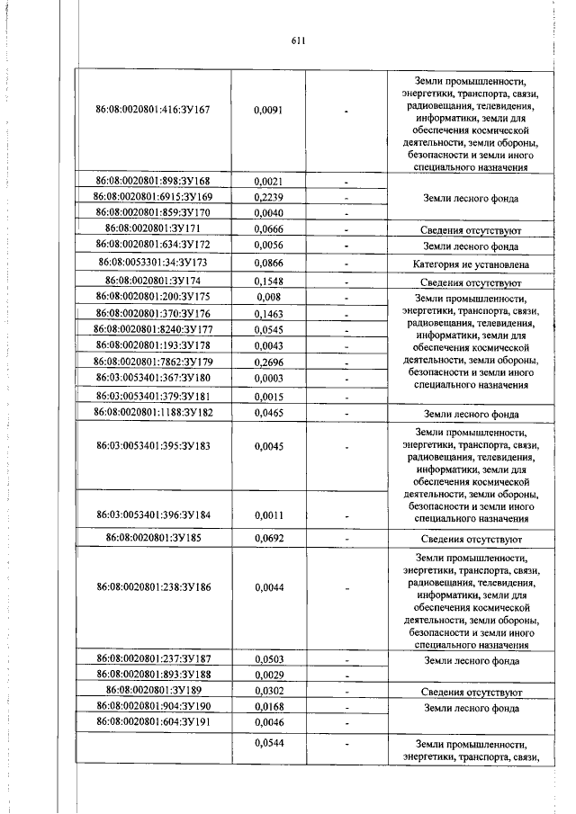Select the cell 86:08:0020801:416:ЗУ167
(152, 109)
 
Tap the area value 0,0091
(269, 109)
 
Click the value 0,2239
(269, 197)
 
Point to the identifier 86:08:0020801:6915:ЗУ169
(152, 197)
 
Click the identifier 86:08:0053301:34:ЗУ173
(152, 263)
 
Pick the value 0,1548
(269, 282)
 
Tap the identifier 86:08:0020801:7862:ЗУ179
(152, 362)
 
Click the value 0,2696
(269, 362)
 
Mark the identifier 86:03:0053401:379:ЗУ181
(152, 395)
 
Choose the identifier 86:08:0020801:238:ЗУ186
(152, 586)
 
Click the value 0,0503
(269, 659)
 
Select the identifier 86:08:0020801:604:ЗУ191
(152, 721)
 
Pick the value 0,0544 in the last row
(269, 743)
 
